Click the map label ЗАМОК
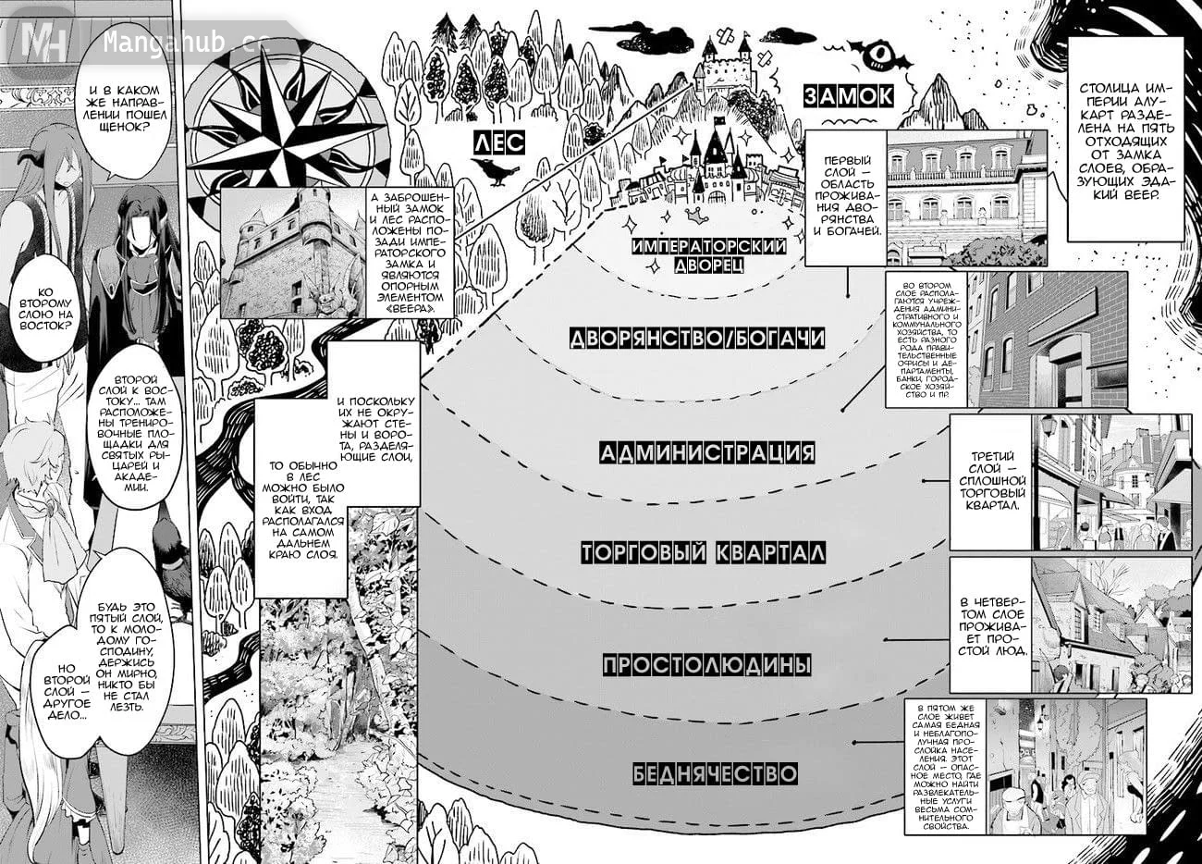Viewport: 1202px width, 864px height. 849,96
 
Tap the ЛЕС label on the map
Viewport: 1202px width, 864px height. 499,142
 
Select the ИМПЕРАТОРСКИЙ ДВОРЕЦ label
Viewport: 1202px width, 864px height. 709,255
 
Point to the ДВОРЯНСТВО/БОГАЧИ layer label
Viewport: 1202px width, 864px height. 697,339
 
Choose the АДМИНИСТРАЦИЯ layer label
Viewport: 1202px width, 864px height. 707,452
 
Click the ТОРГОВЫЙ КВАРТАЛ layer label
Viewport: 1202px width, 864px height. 703,552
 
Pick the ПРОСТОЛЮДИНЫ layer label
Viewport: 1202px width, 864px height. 706,665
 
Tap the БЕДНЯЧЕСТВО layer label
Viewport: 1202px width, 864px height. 715,773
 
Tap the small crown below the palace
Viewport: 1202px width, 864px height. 696,216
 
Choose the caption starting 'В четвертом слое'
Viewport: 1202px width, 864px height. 991,626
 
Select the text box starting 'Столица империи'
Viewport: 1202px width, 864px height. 1126,140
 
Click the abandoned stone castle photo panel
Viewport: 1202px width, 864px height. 293,253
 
